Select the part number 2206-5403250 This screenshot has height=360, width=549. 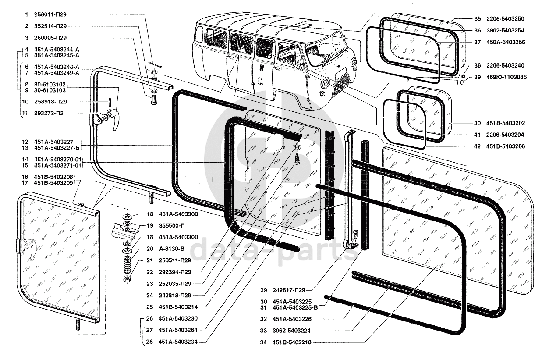[x=505, y=19]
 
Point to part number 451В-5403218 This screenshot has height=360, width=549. [x=291, y=342]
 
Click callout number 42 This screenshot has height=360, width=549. [x=477, y=146]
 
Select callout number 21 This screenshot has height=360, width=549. [x=150, y=260]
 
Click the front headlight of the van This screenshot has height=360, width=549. [x=325, y=84]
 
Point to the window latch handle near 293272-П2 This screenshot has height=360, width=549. [x=113, y=121]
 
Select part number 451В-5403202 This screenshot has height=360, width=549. [x=505, y=123]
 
